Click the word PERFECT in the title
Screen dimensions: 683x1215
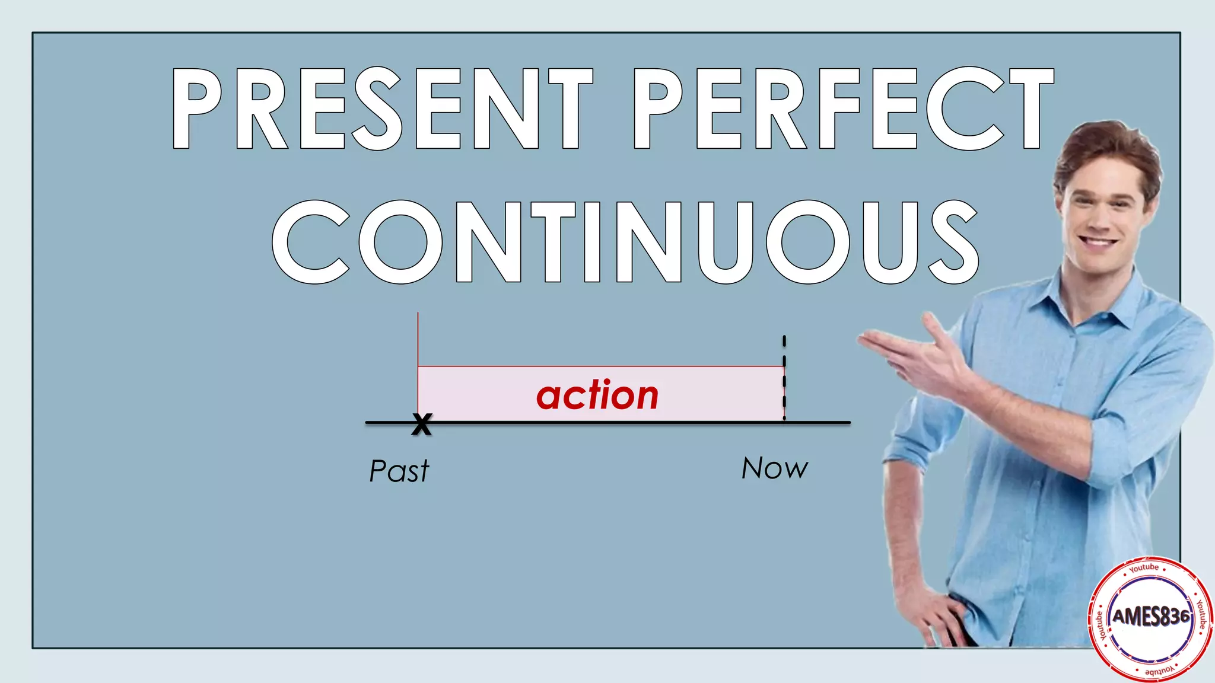[842, 108]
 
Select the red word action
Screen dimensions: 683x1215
[597, 395]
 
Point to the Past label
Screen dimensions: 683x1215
[399, 471]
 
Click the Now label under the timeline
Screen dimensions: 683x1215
[774, 468]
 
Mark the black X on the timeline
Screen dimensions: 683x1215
[421, 424]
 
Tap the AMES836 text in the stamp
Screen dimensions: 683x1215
[1151, 617]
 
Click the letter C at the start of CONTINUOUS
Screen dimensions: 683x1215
[310, 242]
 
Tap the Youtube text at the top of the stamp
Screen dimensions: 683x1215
[1144, 568]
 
